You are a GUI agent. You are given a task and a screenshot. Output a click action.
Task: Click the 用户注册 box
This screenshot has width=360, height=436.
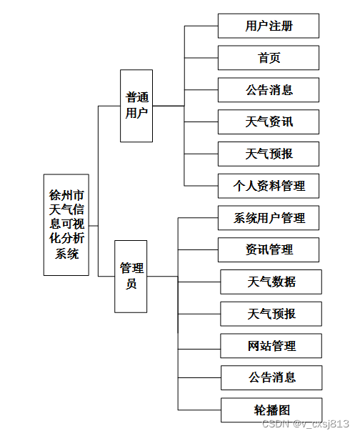[269, 26]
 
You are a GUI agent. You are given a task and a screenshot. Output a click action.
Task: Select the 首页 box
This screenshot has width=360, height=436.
[269, 58]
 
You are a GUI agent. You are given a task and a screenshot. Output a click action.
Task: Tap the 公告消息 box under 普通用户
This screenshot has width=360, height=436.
[269, 90]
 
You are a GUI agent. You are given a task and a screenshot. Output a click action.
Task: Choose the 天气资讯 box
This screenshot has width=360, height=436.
[269, 122]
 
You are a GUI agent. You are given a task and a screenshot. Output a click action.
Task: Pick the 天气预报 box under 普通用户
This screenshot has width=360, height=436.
[269, 154]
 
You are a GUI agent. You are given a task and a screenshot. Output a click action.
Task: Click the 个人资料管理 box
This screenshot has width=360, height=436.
[269, 186]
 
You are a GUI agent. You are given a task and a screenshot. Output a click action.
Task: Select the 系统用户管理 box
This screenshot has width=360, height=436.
[269, 218]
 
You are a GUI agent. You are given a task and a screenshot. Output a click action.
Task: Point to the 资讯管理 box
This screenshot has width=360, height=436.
[269, 249]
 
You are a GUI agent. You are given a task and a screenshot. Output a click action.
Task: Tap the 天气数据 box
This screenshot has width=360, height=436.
[271, 282]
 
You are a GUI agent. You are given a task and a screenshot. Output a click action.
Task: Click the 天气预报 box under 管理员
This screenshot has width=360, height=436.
[271, 314]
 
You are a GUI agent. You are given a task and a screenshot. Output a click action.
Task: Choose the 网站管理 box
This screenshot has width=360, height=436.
[271, 346]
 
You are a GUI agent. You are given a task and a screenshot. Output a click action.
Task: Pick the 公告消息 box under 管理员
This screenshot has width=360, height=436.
[271, 377]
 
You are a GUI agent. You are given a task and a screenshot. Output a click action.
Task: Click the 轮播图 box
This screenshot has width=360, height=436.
[271, 410]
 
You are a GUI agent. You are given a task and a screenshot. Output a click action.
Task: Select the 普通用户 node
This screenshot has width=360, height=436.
[137, 105]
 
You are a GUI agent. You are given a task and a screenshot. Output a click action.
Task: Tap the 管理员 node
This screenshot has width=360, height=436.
[131, 276]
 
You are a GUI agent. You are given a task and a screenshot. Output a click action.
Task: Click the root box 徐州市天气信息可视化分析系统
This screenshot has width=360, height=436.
[66, 224]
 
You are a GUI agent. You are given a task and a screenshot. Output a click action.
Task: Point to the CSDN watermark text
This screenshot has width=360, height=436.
[306, 424]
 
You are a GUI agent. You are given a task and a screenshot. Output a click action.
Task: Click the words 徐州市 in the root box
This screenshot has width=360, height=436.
[66, 194]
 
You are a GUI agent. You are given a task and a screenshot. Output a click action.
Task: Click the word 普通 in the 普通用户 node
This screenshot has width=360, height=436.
[137, 98]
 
